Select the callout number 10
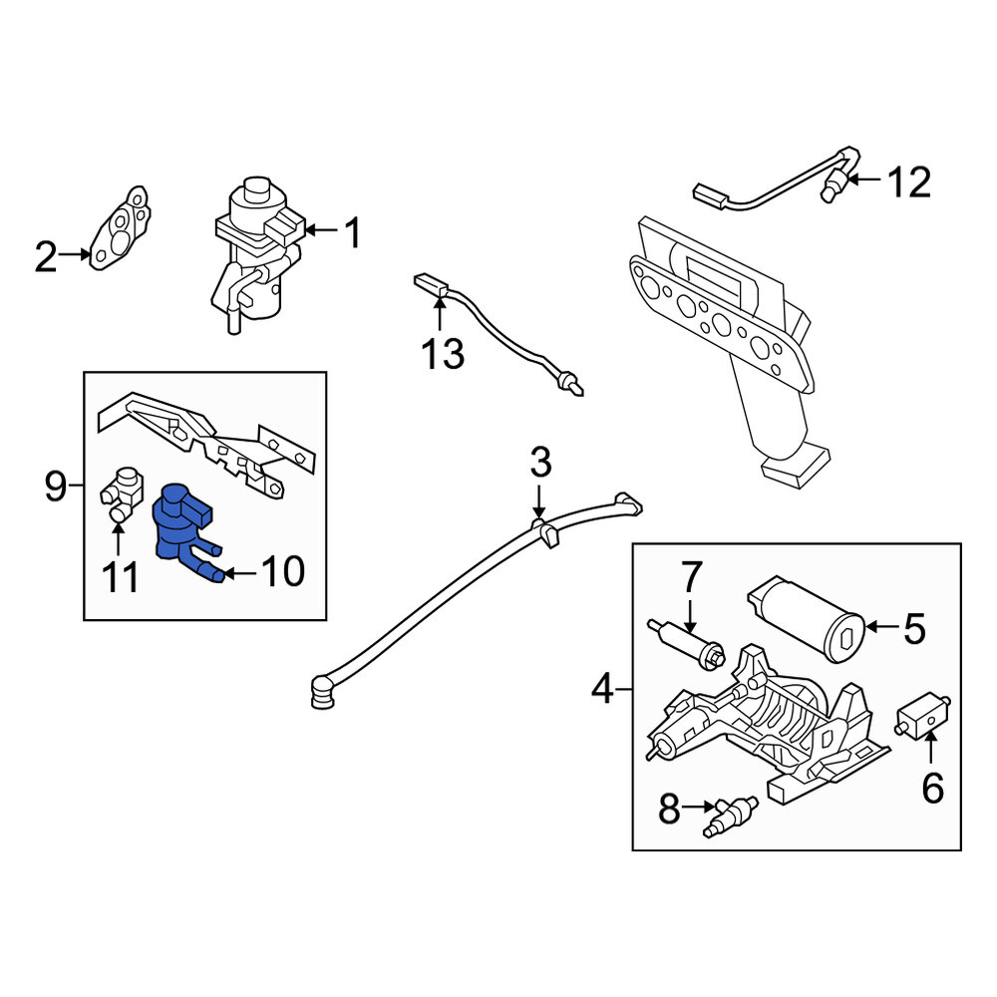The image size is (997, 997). pyautogui.click(x=283, y=571)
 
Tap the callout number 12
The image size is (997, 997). pyautogui.click(x=909, y=182)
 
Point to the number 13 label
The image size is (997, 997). pyautogui.click(x=443, y=354)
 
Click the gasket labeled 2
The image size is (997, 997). pyautogui.click(x=120, y=229)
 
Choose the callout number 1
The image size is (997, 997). pyautogui.click(x=352, y=232)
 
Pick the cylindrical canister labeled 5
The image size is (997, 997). pyautogui.click(x=806, y=619)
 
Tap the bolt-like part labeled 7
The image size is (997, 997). pyautogui.click(x=687, y=645)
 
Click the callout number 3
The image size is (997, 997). pyautogui.click(x=540, y=463)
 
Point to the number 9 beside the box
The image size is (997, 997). pyautogui.click(x=55, y=487)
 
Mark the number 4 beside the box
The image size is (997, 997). pyautogui.click(x=602, y=689)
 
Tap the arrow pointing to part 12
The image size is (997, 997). pyautogui.click(x=863, y=179)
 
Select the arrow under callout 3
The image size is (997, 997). pyautogui.click(x=538, y=502)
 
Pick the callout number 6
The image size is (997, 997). pyautogui.click(x=933, y=790)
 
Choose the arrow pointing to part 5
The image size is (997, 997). pyautogui.click(x=882, y=626)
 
